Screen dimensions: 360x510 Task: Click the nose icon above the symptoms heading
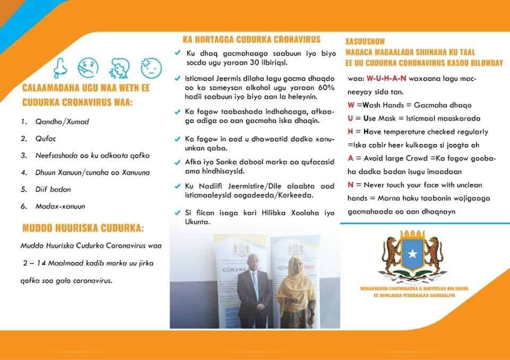click(62, 68)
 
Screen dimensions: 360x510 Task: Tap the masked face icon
click(88, 68)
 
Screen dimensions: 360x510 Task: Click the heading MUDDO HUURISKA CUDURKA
click(83, 229)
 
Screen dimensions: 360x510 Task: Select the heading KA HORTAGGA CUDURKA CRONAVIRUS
click(251, 39)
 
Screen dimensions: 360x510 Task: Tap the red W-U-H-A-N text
click(386, 79)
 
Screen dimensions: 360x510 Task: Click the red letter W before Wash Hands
click(351, 105)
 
